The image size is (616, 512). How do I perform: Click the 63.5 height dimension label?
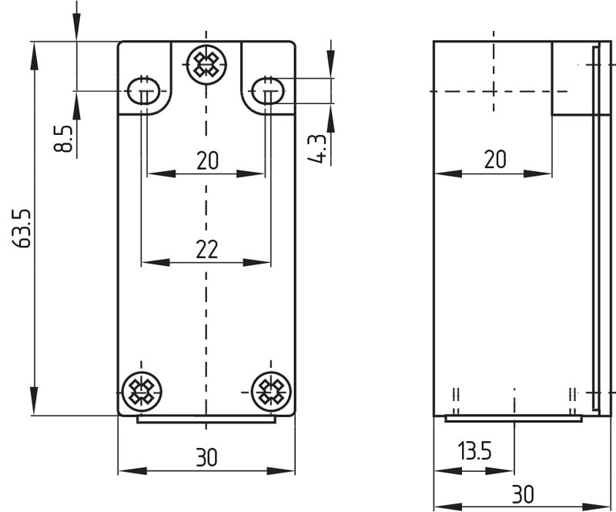pos(22,228)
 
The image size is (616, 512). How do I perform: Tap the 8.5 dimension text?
pos(64,139)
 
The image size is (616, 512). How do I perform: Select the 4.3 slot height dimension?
pos(316,149)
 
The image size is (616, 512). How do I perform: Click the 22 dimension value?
pos(206,249)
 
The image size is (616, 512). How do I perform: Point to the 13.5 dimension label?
pos(475,450)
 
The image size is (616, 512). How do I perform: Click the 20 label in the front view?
pos(207,160)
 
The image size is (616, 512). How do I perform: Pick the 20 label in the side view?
pos(495,159)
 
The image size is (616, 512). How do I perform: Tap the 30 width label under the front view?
pos(206,457)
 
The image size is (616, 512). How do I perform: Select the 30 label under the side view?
pos(523,494)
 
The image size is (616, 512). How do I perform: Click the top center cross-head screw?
pos(206,64)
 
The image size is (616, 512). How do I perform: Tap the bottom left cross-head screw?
pos(142,392)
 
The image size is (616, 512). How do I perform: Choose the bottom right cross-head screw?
pos(271,392)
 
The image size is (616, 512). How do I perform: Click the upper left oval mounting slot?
pos(144,91)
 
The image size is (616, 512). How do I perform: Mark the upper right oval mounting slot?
pos(268,91)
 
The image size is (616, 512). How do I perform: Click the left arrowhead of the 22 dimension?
pos(156,262)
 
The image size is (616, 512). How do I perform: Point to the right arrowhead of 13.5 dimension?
pos(500,470)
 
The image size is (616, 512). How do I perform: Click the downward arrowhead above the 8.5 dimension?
pos(76,27)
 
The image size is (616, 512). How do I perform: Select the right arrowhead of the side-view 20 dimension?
pos(537,173)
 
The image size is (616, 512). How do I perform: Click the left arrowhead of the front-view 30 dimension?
pos(132,470)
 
